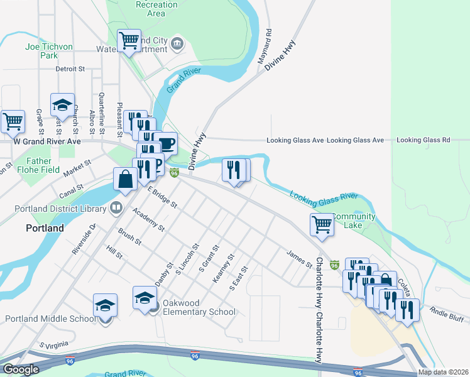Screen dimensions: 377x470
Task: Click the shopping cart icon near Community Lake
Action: (x=322, y=224)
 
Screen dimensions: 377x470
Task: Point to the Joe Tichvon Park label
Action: (x=49, y=51)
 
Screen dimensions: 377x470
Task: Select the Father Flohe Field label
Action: (x=39, y=165)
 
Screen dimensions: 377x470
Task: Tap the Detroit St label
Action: (x=70, y=69)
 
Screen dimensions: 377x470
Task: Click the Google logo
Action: (x=21, y=369)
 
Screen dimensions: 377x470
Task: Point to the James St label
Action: (x=299, y=259)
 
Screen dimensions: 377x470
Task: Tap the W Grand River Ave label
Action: (x=48, y=141)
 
